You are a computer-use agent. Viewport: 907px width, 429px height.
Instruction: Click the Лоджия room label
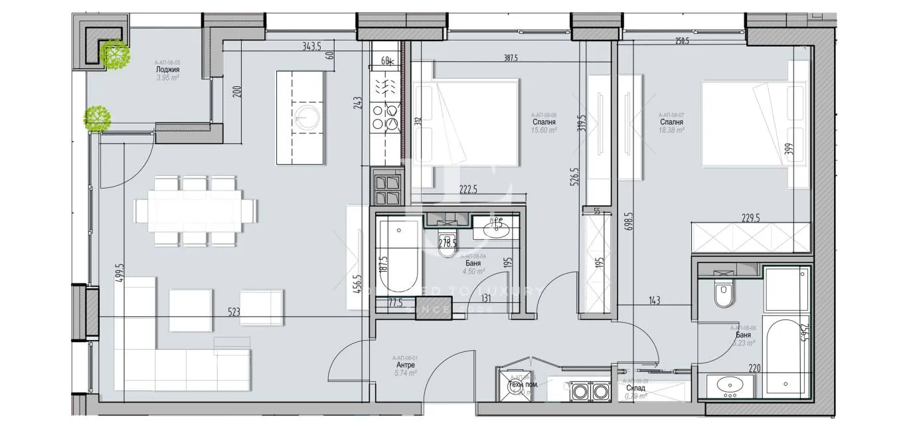click(x=167, y=69)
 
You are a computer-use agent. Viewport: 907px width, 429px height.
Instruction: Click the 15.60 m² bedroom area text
click(x=543, y=131)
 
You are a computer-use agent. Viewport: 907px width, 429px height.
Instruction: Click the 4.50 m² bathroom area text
click(x=473, y=271)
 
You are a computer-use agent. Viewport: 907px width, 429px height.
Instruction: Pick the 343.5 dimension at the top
click(x=312, y=46)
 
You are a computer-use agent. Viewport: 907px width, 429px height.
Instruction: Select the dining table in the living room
click(x=195, y=211)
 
